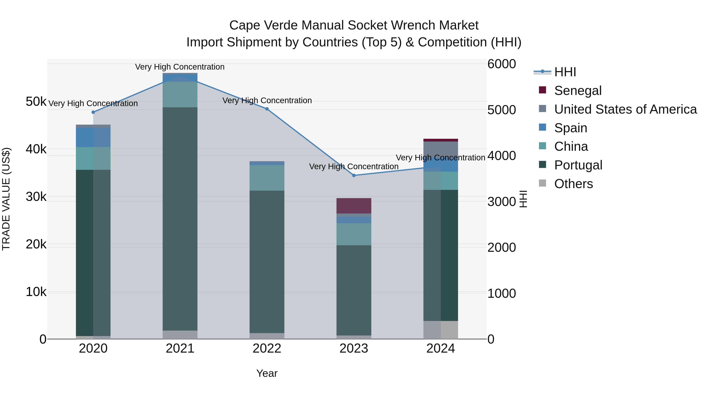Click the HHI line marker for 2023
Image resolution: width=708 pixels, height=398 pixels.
(x=354, y=176)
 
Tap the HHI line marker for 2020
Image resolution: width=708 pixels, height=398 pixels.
(x=93, y=112)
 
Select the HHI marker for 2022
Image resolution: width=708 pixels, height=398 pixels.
(x=267, y=109)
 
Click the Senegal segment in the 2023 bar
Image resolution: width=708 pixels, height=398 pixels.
(x=354, y=206)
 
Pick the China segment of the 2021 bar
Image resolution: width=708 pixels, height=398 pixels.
(x=180, y=95)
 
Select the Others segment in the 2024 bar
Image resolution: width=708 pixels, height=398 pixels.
(x=441, y=330)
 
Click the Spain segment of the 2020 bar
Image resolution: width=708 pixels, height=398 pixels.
(x=93, y=137)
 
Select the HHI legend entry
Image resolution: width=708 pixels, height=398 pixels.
(x=565, y=72)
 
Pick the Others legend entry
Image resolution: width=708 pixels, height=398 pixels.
(x=573, y=184)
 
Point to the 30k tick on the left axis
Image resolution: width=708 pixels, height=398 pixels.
(x=36, y=197)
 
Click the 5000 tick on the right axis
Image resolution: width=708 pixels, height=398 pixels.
(x=501, y=110)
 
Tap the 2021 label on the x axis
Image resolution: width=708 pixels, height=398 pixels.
(x=180, y=348)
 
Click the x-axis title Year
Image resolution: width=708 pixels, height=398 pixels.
(x=267, y=373)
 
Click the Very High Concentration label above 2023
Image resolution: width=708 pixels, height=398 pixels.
(x=354, y=166)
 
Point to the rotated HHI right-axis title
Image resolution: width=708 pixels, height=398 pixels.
(x=523, y=199)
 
